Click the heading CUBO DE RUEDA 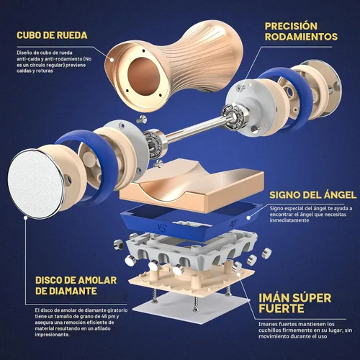coord(52,35)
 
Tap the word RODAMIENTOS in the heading coord(301,37)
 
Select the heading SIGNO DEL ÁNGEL coord(313,195)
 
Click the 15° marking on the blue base coord(163,228)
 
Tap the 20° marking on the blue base coord(233,223)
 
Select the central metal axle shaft coord(196,129)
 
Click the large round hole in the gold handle coord(144,76)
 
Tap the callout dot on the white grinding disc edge coord(25,217)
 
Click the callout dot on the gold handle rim coord(112,60)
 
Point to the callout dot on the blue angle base coord(248,217)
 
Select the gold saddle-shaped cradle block coord(192,185)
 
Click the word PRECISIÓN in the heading coord(291,26)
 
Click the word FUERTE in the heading coord(282,309)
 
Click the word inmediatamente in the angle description coord(289,220)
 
